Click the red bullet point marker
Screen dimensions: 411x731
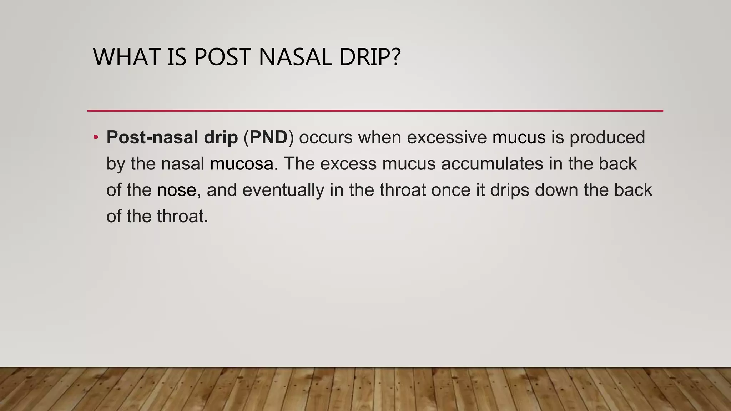(x=95, y=138)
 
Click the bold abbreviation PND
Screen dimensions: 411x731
(x=268, y=138)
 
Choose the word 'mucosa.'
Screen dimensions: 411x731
(x=244, y=164)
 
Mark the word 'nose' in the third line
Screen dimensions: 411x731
(x=177, y=191)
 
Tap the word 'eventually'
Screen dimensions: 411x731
(x=283, y=191)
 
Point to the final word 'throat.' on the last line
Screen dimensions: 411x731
(x=182, y=217)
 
